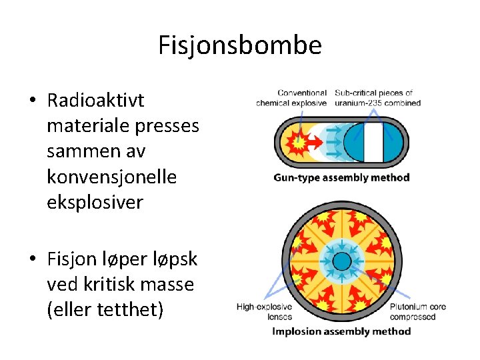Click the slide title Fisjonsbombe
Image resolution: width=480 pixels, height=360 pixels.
click(240, 45)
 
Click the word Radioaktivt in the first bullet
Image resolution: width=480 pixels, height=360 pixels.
click(95, 101)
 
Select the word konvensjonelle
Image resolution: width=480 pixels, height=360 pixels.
click(111, 177)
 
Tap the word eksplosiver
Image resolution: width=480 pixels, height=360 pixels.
click(95, 202)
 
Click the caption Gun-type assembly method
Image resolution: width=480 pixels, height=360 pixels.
click(341, 177)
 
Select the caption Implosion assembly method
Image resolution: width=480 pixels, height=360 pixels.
click(341, 331)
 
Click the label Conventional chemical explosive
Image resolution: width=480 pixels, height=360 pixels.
click(291, 98)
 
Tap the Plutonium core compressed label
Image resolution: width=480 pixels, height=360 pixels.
click(418, 311)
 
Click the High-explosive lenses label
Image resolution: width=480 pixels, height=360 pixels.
click(265, 311)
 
